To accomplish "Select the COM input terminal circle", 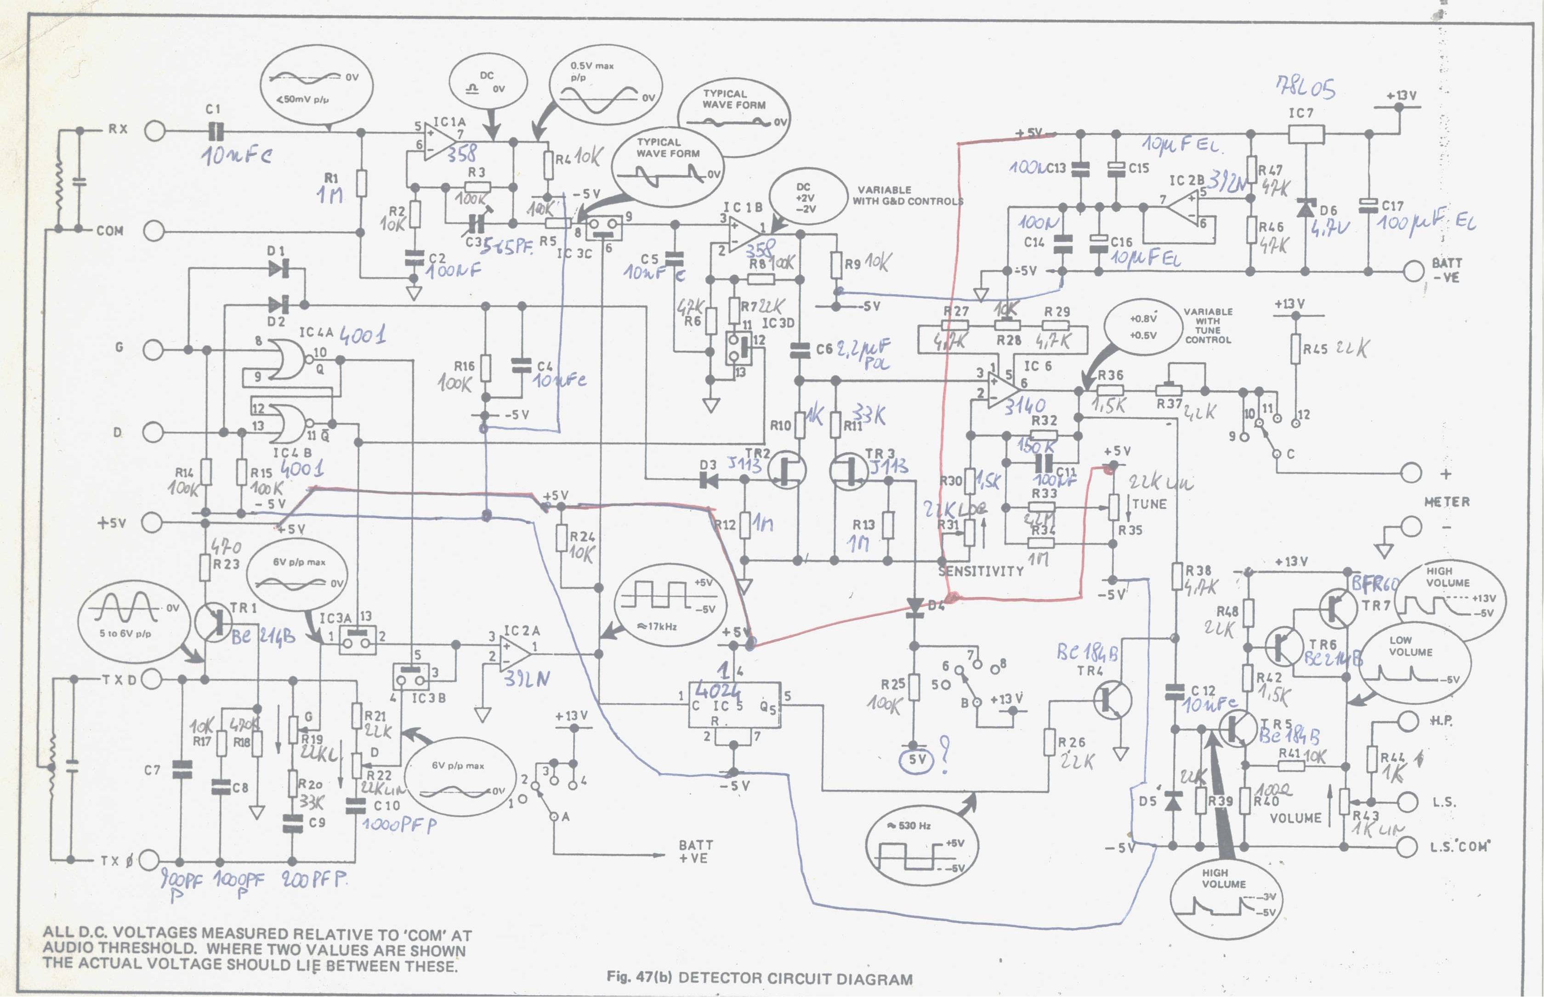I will point(154,231).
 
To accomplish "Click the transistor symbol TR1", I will point(214,622).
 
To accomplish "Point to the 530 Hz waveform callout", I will point(921,846).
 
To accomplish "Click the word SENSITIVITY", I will point(980,571).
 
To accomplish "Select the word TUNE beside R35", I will point(1149,504).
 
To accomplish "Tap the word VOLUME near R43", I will point(1295,818).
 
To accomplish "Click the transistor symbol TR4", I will point(1112,701).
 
